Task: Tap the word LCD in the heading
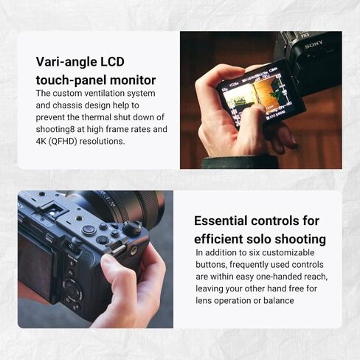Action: (x=112, y=61)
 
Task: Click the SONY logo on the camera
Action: (x=314, y=45)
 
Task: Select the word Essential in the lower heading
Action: (x=221, y=221)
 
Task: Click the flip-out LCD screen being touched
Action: (x=260, y=94)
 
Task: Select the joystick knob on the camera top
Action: (x=132, y=228)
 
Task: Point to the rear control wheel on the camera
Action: (x=72, y=290)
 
